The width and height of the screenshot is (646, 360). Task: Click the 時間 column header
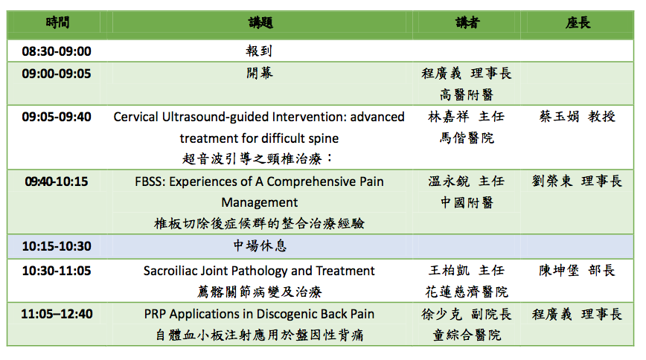point(57,22)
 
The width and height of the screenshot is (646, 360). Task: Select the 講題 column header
point(260,22)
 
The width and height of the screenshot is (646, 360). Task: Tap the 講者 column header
point(467,22)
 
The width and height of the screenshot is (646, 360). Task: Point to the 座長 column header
point(578,22)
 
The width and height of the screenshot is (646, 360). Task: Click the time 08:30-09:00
point(57,51)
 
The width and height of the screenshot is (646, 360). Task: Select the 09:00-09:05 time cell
point(57,74)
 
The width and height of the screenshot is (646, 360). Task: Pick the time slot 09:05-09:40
point(57,117)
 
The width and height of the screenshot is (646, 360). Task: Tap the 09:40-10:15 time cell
point(57,181)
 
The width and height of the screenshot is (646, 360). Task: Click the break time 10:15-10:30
point(57,246)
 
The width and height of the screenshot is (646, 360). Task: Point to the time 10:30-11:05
point(57,271)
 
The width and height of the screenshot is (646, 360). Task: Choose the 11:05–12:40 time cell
point(57,315)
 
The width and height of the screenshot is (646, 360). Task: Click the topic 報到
point(259,51)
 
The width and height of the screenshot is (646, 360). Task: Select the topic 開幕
point(260,73)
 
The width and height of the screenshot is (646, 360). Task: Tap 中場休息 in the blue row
point(260,245)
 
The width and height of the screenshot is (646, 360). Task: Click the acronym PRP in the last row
point(155,315)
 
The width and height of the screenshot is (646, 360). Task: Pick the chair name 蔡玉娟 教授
point(578,117)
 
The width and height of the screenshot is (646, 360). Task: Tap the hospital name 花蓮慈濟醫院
point(467,292)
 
